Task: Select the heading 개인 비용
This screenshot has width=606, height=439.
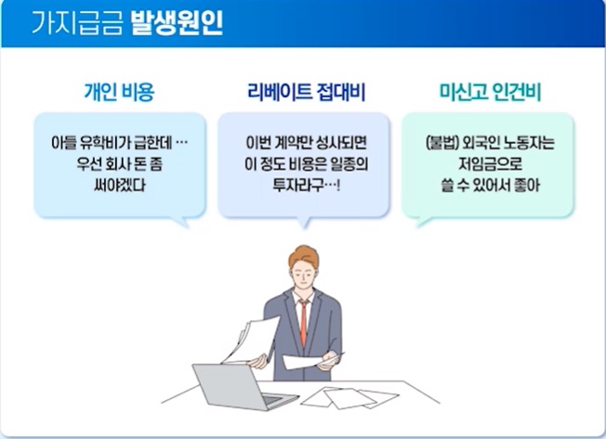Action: (x=118, y=93)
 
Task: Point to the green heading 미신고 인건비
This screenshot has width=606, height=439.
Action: (x=490, y=93)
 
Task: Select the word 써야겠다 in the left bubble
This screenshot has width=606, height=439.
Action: (x=118, y=185)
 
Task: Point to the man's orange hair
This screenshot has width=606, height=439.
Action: (x=303, y=255)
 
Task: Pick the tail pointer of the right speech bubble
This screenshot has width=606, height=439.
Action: (x=424, y=222)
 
